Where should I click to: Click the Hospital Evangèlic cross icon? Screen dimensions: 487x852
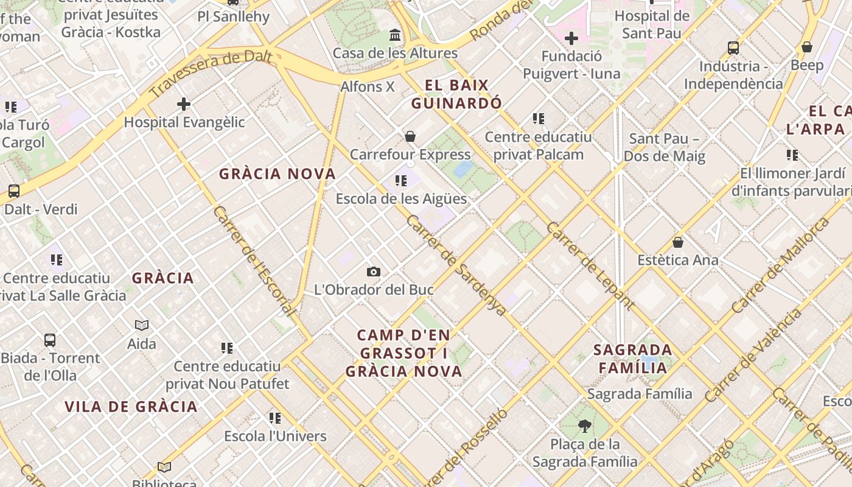[x=184, y=104]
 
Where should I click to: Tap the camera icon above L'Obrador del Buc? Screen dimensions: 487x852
[x=374, y=272]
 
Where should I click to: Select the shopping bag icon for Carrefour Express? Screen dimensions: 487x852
[x=410, y=136]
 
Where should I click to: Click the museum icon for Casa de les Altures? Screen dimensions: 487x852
[x=395, y=35]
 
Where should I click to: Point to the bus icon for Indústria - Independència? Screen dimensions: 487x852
[x=733, y=47]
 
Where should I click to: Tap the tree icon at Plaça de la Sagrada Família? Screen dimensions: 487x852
[x=585, y=426]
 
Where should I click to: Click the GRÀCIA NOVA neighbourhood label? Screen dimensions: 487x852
[x=278, y=174]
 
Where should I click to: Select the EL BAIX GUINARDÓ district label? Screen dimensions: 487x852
[x=456, y=94]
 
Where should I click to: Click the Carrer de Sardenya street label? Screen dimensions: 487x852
[x=456, y=265]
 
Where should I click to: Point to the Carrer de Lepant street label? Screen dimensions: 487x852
[x=590, y=265]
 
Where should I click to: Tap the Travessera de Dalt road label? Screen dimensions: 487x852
[x=210, y=74]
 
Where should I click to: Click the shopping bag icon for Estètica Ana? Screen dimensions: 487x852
[x=678, y=242]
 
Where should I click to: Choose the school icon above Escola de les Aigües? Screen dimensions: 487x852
[x=400, y=180]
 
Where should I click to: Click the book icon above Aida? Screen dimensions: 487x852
[x=142, y=326]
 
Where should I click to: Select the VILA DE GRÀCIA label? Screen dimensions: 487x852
[x=131, y=407]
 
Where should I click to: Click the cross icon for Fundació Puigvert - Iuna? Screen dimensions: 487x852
[x=571, y=39]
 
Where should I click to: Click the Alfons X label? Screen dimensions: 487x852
[x=368, y=86]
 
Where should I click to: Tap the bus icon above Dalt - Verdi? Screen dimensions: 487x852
[x=14, y=191]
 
